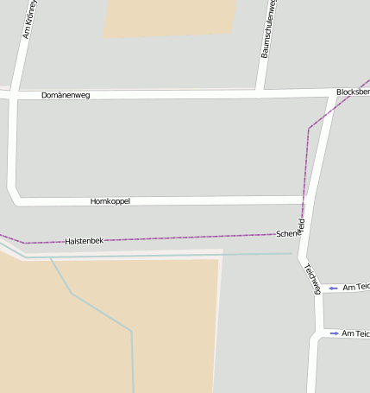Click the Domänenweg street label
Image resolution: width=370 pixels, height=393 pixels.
coord(66,95)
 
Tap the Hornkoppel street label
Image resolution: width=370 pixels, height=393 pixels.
coord(110,201)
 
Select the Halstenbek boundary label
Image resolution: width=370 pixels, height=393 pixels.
coord(84,240)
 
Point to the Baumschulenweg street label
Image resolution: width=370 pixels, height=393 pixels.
coord(268,29)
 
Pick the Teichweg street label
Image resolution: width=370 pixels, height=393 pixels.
coord(312,278)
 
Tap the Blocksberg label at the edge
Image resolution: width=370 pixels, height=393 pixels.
coord(353,91)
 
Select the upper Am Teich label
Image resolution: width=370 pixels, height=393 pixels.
coord(356,288)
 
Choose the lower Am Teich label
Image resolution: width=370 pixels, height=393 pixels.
coord(355,333)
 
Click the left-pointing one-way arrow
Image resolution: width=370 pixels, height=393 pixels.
coord(333,288)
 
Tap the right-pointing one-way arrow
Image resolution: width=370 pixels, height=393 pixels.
coord(334,333)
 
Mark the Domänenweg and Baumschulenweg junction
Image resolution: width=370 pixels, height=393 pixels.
coord(260,92)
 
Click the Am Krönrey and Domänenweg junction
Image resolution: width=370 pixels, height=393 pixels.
coord(13,95)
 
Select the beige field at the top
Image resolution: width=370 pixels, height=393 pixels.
coord(170,17)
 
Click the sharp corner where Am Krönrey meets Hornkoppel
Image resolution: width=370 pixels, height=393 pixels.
coord(16,199)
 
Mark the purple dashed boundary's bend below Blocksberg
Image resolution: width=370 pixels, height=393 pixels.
coord(309,129)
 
